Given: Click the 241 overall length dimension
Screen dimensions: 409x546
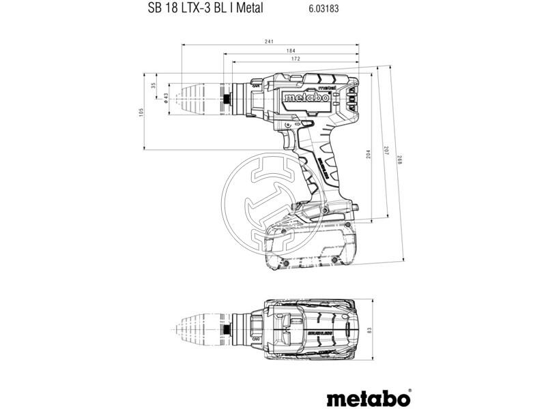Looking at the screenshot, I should (x=271, y=42).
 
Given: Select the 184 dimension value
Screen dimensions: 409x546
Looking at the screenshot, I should (x=271, y=51).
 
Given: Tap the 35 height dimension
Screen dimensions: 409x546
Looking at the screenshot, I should (x=154, y=85).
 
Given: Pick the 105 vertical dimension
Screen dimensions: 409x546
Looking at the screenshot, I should (x=141, y=110).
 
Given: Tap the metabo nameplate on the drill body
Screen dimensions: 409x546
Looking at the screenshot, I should (x=306, y=97).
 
